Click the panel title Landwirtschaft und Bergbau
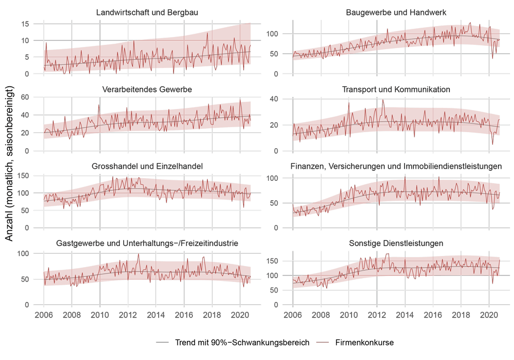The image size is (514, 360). tap(147, 12)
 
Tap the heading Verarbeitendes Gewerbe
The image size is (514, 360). tap(147, 89)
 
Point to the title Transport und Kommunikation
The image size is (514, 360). tap(396, 89)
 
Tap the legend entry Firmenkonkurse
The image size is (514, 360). tap(364, 343)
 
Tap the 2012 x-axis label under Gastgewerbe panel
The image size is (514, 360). tap(128, 315)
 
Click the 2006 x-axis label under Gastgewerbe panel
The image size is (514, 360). tap(44, 315)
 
